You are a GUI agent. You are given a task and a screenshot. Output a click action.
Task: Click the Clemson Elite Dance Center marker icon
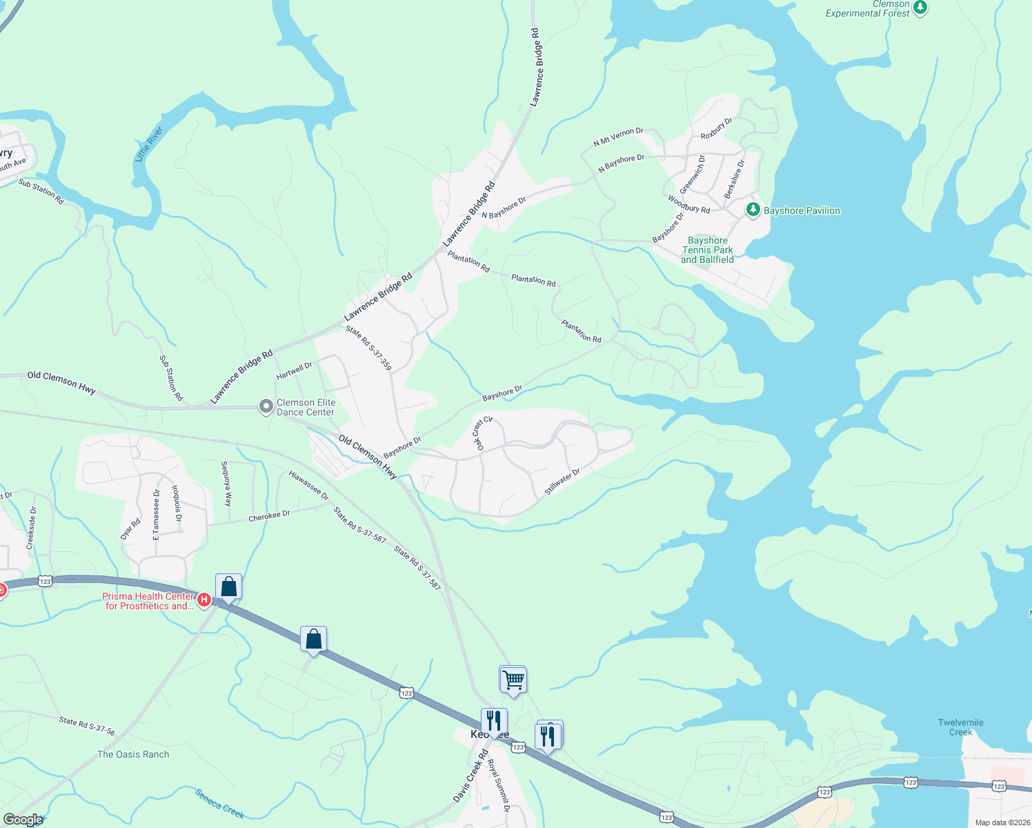[x=266, y=407]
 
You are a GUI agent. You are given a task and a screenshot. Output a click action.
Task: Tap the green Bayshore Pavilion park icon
[x=753, y=210]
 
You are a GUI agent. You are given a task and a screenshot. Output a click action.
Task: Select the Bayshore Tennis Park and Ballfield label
[x=707, y=250]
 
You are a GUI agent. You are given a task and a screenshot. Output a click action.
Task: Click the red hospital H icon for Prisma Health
[x=204, y=600]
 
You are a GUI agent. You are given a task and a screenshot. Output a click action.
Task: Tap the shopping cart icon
[x=513, y=680]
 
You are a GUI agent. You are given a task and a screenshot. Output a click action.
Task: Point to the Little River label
[x=149, y=144]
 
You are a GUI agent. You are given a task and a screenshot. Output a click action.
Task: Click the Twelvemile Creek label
[x=960, y=727]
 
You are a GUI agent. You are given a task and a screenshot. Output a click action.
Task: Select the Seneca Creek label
[x=219, y=804]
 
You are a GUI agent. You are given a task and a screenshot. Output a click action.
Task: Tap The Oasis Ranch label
[x=133, y=754]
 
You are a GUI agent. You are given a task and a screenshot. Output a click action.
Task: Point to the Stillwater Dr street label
[x=562, y=482]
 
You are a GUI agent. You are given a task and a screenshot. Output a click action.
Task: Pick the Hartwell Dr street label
[x=294, y=371]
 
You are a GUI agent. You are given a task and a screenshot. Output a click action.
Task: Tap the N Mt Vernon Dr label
[x=618, y=137]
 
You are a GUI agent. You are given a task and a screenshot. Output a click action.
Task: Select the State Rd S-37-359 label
[x=368, y=348]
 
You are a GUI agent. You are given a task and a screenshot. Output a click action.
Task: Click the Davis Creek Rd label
[x=470, y=776]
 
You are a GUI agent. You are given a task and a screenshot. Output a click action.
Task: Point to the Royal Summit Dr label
[x=499, y=785]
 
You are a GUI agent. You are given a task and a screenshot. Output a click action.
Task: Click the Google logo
[x=23, y=820]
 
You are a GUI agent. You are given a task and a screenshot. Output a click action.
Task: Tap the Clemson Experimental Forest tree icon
[x=920, y=8]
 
